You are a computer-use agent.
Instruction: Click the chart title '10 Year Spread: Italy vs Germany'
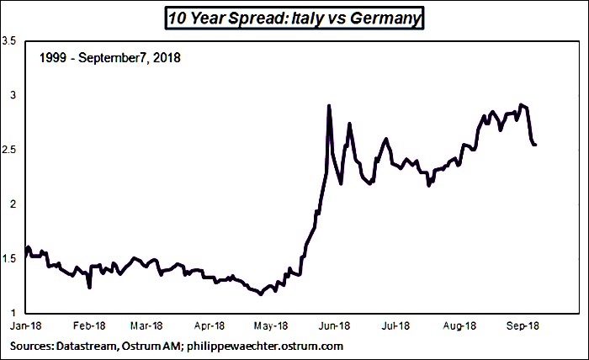[294, 18]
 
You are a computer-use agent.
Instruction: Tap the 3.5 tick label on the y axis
[8, 41]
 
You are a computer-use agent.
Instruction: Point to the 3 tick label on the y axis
[13, 95]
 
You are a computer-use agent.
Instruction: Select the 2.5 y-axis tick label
[8, 150]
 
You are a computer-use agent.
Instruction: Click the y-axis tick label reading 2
[13, 204]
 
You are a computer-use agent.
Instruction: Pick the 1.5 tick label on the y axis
[8, 258]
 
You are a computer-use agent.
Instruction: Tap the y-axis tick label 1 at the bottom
[13, 313]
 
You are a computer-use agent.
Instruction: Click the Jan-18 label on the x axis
[25, 326]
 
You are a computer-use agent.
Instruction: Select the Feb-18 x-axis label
[89, 326]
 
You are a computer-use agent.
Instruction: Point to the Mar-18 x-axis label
[146, 326]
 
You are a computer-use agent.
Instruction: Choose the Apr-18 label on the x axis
[210, 326]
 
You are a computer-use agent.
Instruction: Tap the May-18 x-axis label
[271, 326]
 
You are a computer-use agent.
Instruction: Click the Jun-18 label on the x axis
[334, 326]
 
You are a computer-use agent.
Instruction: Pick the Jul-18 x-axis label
[395, 326]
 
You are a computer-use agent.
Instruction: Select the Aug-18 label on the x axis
[459, 326]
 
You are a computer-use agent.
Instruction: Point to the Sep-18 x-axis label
[523, 326]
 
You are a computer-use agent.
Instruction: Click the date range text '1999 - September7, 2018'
[110, 58]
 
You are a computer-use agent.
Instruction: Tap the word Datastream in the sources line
[87, 346]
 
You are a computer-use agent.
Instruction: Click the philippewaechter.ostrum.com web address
[265, 346]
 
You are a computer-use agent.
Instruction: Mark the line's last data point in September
[535, 145]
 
